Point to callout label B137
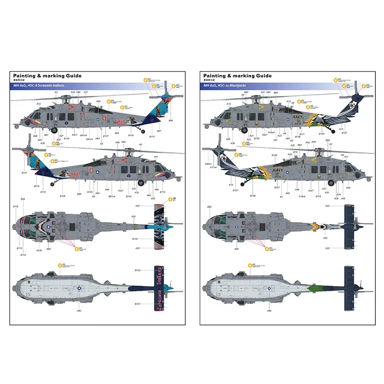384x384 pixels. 106,136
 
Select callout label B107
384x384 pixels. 24,173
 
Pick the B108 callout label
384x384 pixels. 63,196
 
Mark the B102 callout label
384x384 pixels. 135,239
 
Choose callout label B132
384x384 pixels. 138,271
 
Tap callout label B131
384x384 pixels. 138,304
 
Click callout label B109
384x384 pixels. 274,156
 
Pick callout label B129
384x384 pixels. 253,196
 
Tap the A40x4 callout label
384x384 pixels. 207,164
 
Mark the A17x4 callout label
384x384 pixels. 213,168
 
